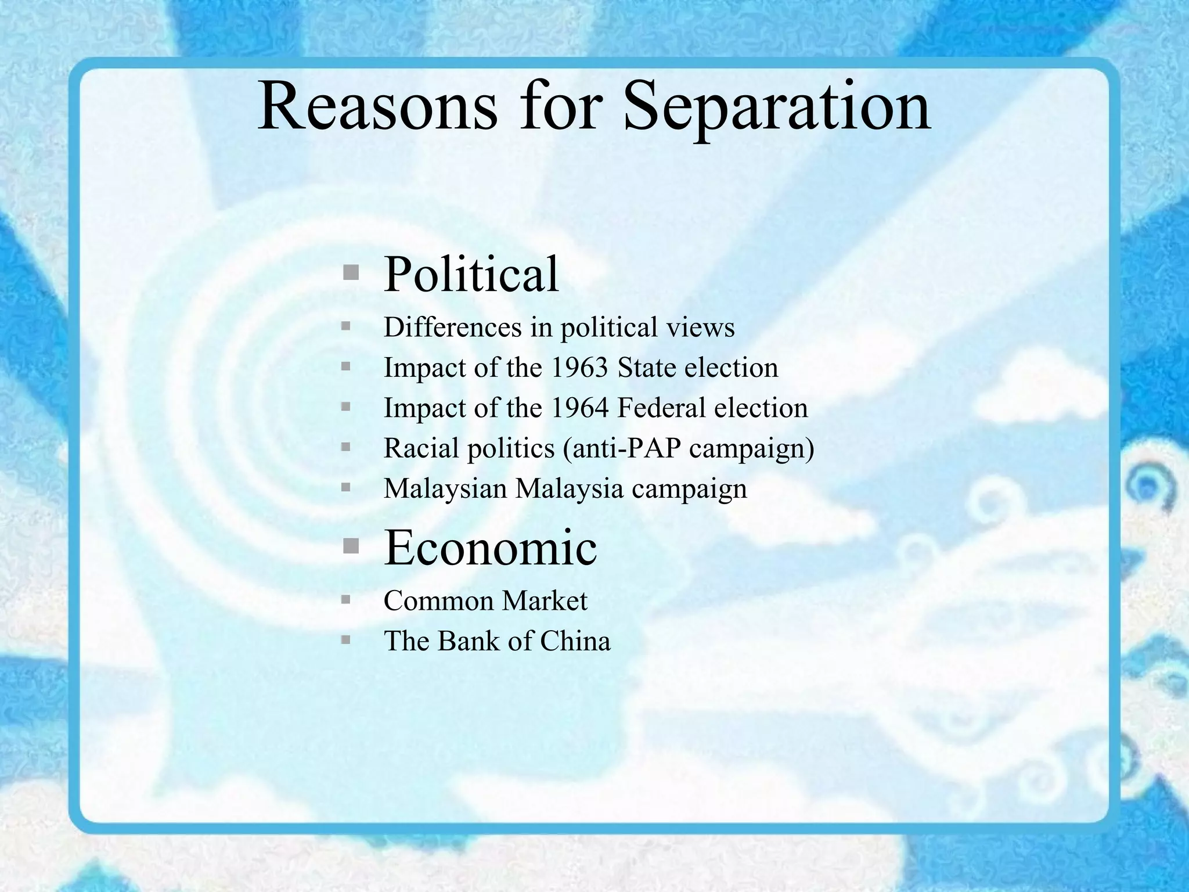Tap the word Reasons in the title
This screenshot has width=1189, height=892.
pos(377,106)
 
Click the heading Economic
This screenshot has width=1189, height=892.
pos(490,547)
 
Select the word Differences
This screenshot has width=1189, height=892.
pos(453,327)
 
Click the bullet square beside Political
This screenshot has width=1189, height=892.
pos(350,273)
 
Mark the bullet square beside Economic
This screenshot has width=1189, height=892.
pos(350,546)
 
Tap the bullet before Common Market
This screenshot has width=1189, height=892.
pos(346,600)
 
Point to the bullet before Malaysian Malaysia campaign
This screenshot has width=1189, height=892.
pos(346,488)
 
